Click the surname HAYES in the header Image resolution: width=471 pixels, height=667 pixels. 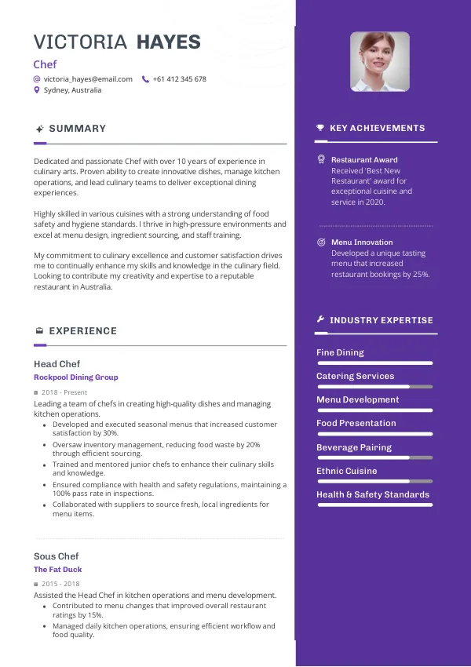coord(169,42)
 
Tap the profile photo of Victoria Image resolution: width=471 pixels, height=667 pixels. coord(380,61)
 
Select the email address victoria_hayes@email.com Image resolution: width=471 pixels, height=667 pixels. coord(88,79)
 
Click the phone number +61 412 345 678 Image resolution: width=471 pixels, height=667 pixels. coord(180,79)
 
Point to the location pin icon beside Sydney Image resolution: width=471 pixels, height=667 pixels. coord(37,90)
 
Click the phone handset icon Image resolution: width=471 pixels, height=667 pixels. coord(145,79)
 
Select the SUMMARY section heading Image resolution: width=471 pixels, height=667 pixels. coord(77,129)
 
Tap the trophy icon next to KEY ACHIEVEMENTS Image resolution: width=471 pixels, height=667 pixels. coord(320,128)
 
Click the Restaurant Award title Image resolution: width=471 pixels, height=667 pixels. coord(364,160)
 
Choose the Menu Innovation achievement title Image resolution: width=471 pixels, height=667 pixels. coord(362,242)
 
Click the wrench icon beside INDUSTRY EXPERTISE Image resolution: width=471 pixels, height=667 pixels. coord(320,320)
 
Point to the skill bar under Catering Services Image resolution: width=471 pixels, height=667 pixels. coord(374,387)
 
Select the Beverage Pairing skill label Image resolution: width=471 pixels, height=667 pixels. coord(354,447)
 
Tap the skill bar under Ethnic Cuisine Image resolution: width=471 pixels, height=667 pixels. coord(374,481)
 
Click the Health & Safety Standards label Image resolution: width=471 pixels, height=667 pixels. coord(373,494)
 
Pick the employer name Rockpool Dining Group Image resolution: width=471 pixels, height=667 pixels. coord(76,377)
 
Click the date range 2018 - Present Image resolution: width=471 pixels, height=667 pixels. coord(64,392)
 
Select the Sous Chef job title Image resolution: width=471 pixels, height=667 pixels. coord(57,556)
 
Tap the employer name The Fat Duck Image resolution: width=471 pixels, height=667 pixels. coord(58,570)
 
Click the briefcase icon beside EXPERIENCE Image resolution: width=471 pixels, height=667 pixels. coord(39,331)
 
